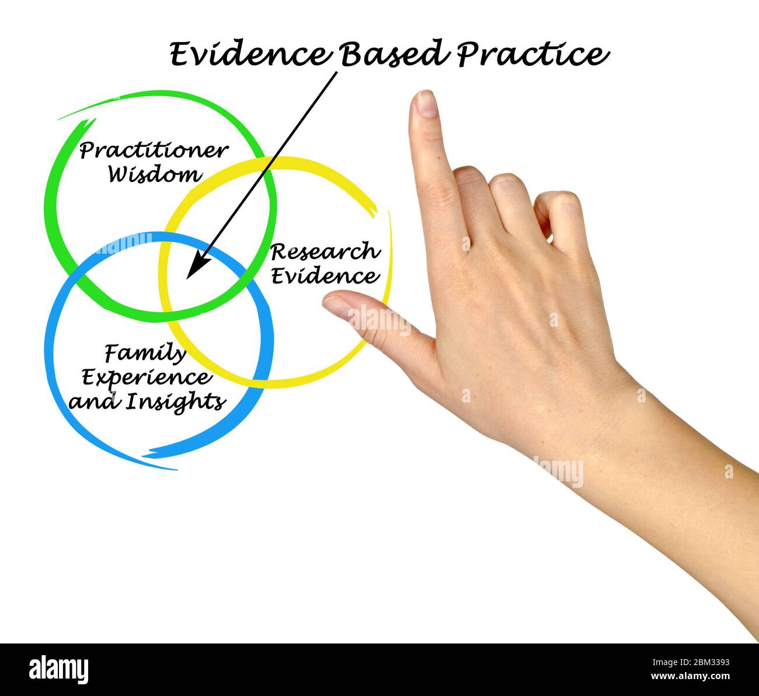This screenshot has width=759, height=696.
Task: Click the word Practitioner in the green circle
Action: click(x=153, y=151)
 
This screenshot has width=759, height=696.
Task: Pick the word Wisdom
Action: click(x=155, y=174)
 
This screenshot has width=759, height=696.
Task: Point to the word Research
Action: click(x=325, y=252)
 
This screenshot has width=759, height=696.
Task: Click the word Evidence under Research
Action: click(x=325, y=275)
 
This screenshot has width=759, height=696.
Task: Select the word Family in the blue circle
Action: click(x=145, y=353)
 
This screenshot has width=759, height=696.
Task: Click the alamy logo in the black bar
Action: click(x=58, y=669)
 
